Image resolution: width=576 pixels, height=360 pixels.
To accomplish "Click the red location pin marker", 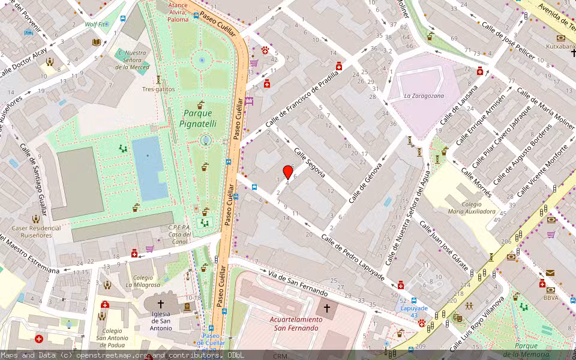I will point(288,173).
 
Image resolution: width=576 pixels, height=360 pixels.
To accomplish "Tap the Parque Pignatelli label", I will point(197,118).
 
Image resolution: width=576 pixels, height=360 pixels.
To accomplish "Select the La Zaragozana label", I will point(424,95).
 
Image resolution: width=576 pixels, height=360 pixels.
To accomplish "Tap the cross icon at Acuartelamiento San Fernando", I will point(327,308).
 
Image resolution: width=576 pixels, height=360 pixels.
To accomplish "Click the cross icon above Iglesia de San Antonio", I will point(161,304).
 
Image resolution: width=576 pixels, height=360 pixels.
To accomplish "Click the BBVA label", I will point(551,298).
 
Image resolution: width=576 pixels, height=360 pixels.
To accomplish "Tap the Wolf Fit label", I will point(95,25).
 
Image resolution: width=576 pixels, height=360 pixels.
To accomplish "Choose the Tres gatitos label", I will point(158,89).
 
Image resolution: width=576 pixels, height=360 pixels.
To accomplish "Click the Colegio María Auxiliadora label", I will point(472,208).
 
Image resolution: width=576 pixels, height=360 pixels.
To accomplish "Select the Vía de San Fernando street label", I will point(298,284).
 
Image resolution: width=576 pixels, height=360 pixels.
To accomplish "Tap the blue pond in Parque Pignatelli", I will point(149,168).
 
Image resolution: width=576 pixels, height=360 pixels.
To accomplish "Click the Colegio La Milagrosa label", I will point(143,281).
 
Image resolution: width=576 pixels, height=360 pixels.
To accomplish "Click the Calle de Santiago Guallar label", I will point(34,179).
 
